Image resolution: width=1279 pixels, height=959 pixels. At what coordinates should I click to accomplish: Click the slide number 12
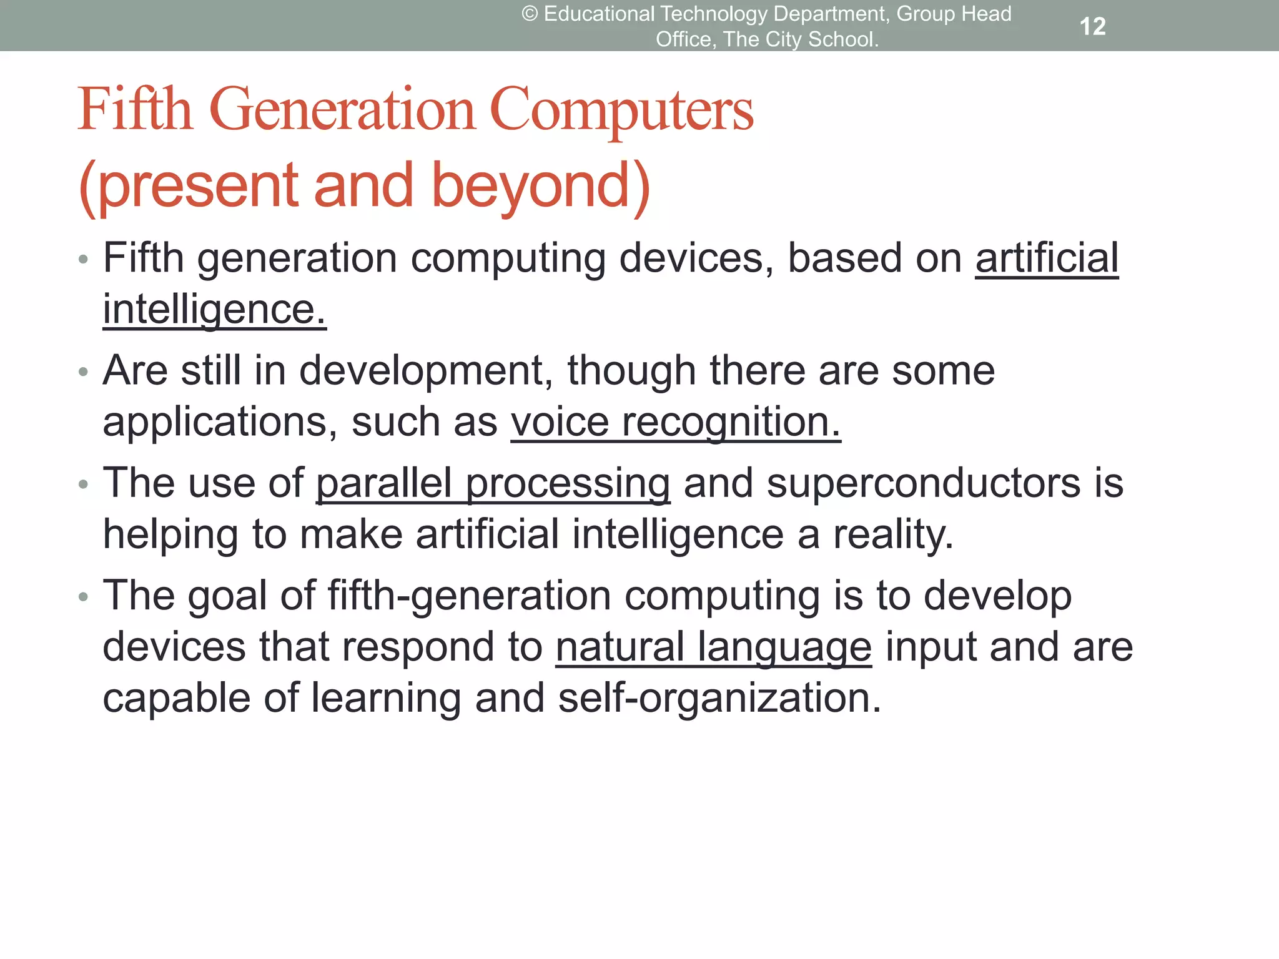(1092, 26)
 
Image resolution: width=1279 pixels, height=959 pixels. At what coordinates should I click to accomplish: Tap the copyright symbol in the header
(530, 14)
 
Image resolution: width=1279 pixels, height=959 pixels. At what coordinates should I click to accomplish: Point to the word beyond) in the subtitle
(541, 186)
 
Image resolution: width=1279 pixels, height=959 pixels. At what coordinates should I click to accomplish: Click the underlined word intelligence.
(214, 310)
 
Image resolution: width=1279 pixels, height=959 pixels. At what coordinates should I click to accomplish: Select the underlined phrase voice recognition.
(676, 422)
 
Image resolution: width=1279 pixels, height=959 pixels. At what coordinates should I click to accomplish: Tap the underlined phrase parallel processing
(493, 483)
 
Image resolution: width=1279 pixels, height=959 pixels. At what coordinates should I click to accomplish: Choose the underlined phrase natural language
(713, 647)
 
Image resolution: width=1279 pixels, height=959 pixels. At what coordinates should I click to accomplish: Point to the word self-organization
(719, 697)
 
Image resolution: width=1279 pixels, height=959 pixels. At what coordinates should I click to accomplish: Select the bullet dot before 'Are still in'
(84, 372)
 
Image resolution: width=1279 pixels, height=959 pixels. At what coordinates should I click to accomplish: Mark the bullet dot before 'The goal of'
(84, 597)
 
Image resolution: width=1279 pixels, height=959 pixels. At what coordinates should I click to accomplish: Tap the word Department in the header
(830, 14)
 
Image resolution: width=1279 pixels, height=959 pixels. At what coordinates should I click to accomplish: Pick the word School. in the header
(843, 39)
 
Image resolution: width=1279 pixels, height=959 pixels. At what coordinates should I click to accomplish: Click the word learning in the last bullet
(386, 697)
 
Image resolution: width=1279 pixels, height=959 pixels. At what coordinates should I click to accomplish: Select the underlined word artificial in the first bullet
(1047, 258)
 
